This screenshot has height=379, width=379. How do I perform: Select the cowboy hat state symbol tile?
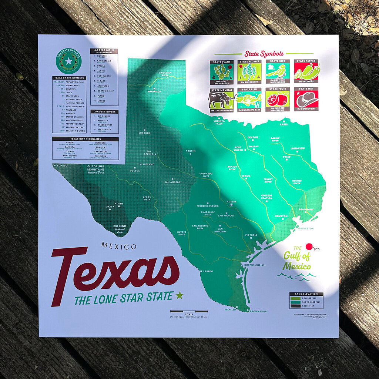306,99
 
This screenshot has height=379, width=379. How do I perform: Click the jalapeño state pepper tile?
306,71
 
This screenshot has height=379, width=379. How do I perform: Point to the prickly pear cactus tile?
222,72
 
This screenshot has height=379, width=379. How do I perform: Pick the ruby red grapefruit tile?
277,99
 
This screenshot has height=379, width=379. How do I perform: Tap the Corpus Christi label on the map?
255,265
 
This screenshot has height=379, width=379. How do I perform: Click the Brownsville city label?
258,312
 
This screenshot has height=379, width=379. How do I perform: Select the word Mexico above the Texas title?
118,246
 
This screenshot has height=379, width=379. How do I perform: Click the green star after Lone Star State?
180,295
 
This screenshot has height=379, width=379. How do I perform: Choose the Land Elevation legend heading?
306,294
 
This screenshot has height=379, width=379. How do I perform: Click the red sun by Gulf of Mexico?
309,247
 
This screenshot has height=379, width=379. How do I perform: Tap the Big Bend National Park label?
120,228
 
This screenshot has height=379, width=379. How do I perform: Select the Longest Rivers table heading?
104,111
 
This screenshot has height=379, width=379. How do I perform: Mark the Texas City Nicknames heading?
85,139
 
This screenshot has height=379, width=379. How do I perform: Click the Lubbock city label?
144,133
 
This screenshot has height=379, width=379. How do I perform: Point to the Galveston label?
305,228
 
